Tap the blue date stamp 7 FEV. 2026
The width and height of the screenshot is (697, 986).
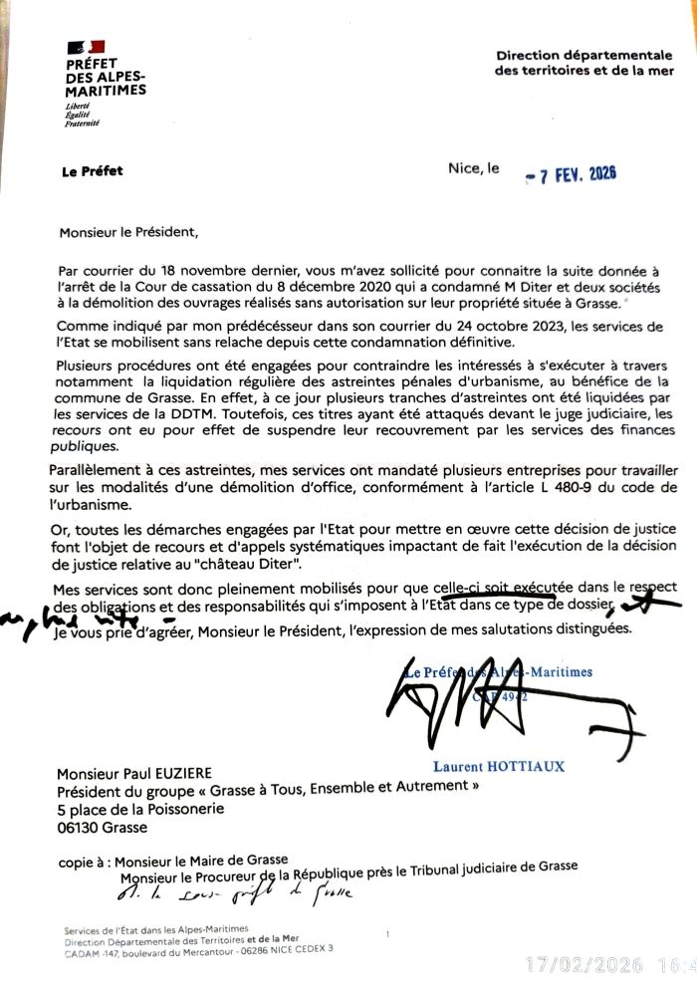click(572, 173)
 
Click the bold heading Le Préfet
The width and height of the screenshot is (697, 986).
click(92, 171)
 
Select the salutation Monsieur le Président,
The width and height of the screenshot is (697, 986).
click(129, 233)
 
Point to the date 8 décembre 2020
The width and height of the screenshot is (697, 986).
click(348, 286)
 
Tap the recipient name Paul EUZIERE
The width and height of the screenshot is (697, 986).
click(174, 773)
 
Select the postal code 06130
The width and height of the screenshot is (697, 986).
click(78, 827)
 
